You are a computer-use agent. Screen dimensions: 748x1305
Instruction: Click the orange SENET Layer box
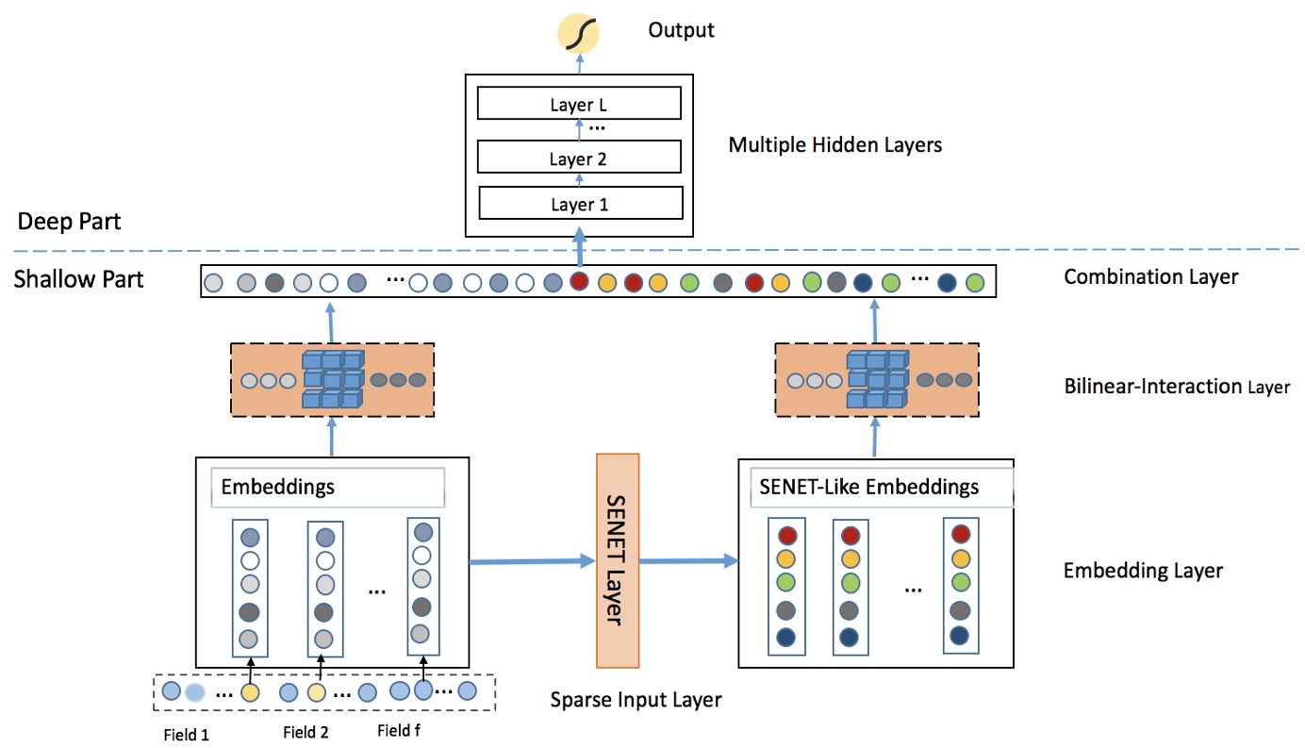click(x=618, y=560)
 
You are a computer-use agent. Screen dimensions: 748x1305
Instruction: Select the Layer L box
click(x=579, y=104)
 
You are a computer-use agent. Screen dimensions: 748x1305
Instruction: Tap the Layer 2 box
click(x=579, y=158)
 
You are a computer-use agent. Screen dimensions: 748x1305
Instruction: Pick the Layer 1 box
click(x=580, y=204)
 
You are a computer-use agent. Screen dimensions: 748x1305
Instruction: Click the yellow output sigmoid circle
click(x=580, y=33)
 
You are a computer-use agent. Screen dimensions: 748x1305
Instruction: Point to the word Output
click(x=681, y=30)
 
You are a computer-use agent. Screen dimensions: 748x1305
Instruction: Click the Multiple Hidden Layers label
click(x=835, y=145)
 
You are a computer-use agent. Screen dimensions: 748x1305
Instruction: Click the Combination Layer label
click(x=1149, y=277)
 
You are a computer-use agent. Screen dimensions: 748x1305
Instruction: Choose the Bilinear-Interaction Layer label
click(x=1176, y=386)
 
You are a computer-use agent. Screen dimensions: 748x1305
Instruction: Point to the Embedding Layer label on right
click(x=1143, y=571)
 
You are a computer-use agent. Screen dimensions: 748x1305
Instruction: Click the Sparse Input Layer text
click(x=636, y=700)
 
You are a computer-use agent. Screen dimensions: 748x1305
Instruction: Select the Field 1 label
click(x=186, y=735)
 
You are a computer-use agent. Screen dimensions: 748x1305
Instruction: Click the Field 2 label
click(x=306, y=733)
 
